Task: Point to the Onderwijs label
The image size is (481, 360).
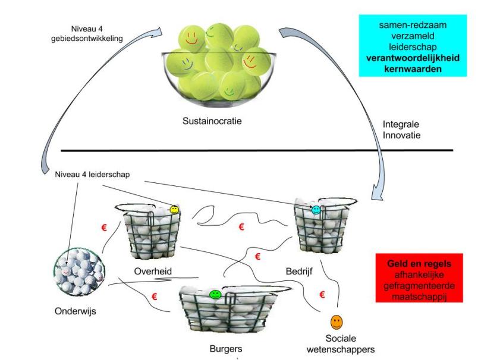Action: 68,310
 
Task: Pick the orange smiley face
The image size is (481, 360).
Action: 337,323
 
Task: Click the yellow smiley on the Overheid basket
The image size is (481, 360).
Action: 174,210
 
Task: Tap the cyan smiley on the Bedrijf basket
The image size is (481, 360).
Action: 316,210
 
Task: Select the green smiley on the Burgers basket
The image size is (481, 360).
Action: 215,295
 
